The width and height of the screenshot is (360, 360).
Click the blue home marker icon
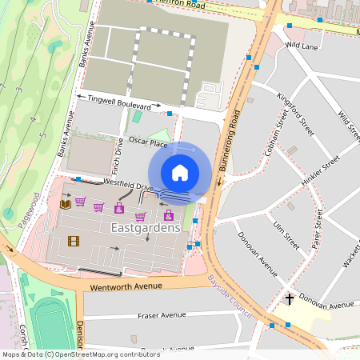[180, 173]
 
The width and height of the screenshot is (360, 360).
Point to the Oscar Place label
[148, 142]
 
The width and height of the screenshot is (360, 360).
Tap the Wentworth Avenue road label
[128, 286]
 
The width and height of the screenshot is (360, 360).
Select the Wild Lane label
[302, 46]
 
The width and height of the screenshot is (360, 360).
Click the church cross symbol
[290, 299]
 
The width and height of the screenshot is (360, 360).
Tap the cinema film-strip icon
[74, 241]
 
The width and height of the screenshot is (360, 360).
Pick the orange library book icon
[66, 205]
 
